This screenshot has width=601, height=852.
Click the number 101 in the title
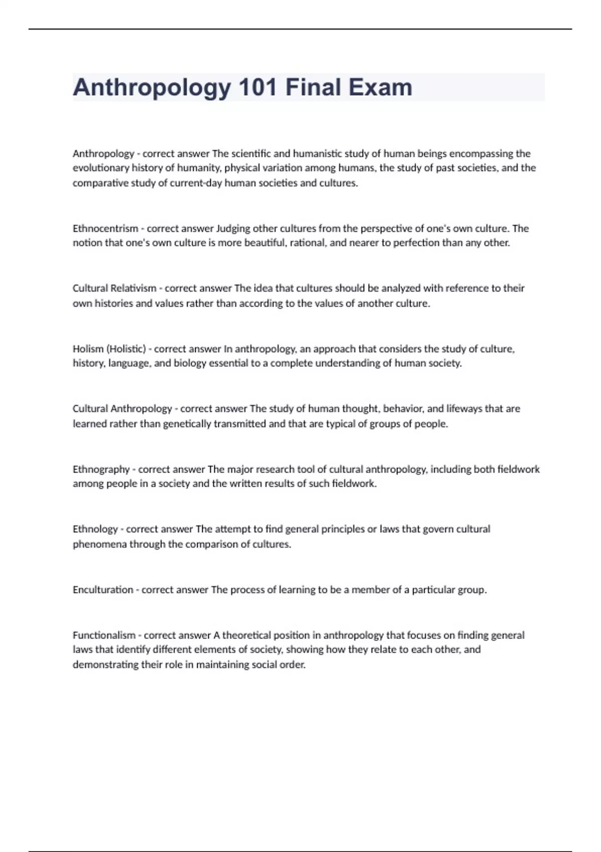tap(258, 87)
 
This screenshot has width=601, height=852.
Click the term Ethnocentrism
tap(105, 229)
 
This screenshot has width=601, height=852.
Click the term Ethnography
tap(101, 470)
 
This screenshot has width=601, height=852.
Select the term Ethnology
tap(95, 529)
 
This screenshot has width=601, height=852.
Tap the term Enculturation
tap(103, 590)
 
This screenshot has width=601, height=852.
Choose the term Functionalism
tap(104, 635)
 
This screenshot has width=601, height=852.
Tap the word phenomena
tap(100, 544)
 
